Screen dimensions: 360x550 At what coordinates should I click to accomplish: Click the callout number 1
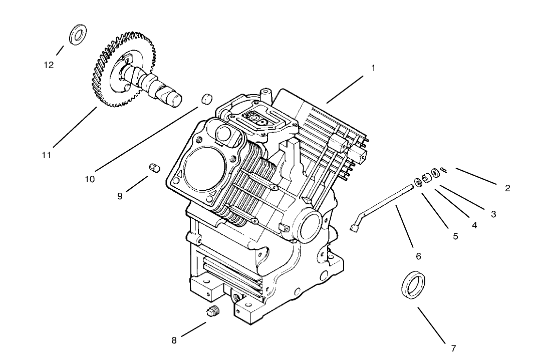coord(373,68)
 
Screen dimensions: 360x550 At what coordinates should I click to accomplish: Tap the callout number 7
coord(453,348)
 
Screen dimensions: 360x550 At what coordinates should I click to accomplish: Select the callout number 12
coord(49,65)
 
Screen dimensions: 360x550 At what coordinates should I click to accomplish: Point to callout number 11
coord(47,155)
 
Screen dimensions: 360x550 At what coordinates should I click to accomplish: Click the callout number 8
coord(174,340)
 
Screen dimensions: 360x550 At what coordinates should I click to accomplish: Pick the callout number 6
coord(418,256)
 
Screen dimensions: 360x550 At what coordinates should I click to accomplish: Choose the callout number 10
coord(90,179)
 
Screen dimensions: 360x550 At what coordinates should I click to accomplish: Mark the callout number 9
coord(120,196)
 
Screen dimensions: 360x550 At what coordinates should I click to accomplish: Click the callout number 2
coord(507,188)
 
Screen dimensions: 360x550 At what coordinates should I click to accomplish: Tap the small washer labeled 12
coord(77,35)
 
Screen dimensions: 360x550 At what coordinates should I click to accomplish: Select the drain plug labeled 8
coord(213,312)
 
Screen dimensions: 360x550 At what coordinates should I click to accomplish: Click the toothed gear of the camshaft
coord(108,55)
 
